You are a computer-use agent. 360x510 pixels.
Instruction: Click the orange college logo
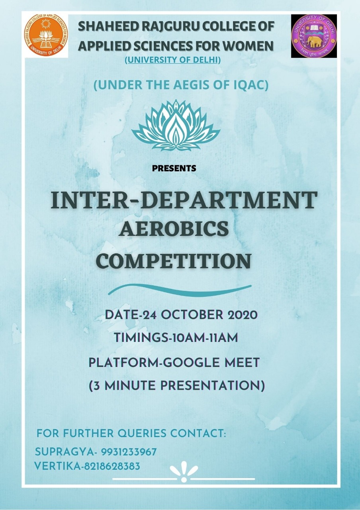46,35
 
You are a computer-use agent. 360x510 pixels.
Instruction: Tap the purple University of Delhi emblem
314,36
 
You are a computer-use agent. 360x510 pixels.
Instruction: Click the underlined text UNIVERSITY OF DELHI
173,60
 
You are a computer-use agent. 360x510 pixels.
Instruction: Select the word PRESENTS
174,168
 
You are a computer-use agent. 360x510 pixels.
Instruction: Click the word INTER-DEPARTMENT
184,200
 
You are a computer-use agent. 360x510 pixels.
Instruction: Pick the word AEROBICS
174,229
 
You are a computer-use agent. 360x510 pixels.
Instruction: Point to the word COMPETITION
175,261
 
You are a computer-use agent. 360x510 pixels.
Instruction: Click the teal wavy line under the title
180,290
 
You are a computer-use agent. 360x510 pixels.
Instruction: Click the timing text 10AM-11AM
205,337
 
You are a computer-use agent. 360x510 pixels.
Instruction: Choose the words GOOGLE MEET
211,363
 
